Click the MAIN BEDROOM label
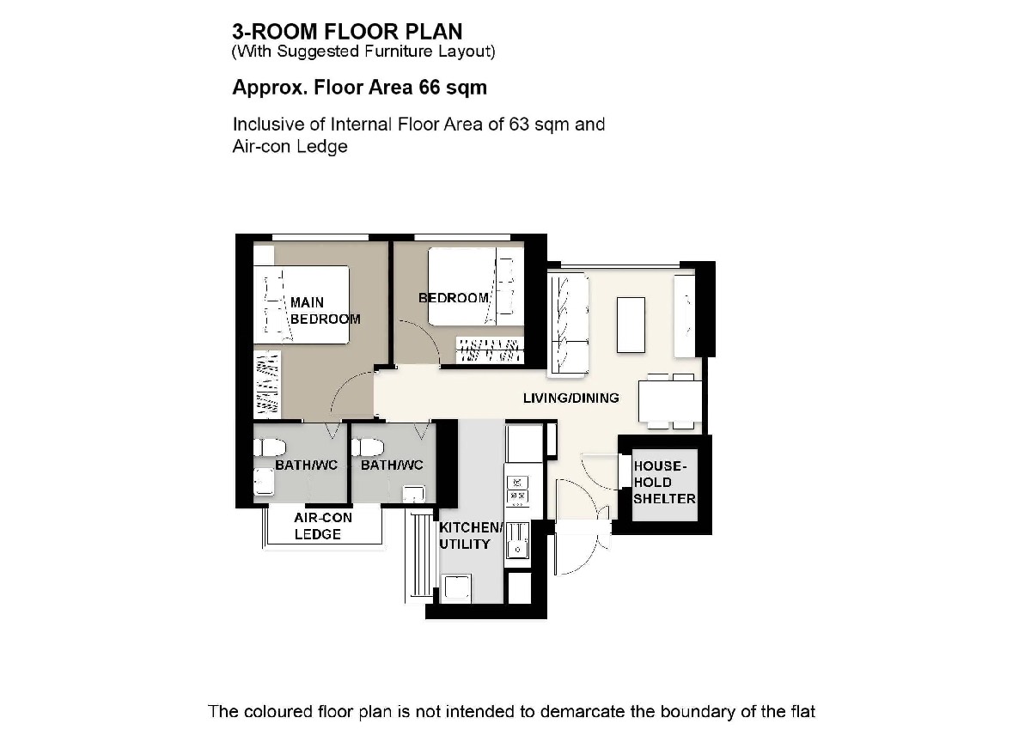[x=325, y=311]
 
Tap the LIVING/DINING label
[x=570, y=398]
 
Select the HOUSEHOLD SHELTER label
[x=664, y=482]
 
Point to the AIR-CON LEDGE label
[x=323, y=526]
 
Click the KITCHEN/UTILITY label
[x=471, y=536]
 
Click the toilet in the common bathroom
[x=368, y=447]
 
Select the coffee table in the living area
[x=631, y=325]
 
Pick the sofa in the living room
[x=568, y=325]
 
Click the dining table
[x=670, y=401]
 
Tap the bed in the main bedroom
[x=302, y=305]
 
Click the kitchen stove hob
[x=518, y=490]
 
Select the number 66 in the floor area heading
[x=429, y=88]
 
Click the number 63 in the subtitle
[x=519, y=125]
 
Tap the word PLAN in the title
[x=434, y=32]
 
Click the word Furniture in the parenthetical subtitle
[x=398, y=51]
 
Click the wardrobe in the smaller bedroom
[x=490, y=350]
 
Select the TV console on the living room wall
[x=685, y=316]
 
